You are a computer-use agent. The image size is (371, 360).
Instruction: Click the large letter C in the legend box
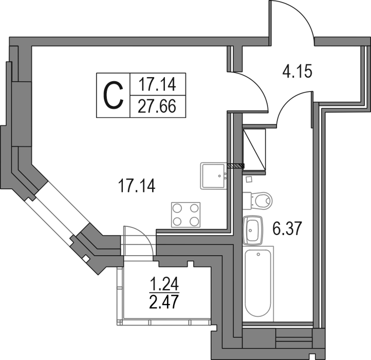(114, 95)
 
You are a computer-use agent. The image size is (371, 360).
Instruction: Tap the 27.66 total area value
(157, 106)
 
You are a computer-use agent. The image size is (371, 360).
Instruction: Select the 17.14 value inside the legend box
(157, 84)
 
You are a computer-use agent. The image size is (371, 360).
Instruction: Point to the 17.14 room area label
(137, 186)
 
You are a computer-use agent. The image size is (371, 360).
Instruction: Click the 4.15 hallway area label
(298, 71)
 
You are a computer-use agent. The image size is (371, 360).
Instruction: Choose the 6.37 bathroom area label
(287, 228)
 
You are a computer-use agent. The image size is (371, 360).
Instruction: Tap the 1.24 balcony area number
(164, 283)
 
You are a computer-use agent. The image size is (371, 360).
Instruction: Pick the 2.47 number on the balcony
(164, 301)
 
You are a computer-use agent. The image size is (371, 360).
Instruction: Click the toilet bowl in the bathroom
(258, 201)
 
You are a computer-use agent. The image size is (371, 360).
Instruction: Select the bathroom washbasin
(253, 230)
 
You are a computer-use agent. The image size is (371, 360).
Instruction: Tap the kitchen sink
(214, 176)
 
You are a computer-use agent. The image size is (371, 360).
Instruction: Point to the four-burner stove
(185, 215)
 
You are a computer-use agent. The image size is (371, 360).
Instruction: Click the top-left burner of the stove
(177, 208)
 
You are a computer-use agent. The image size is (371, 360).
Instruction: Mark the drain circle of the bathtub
(258, 255)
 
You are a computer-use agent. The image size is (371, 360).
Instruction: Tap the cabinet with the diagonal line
(254, 150)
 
